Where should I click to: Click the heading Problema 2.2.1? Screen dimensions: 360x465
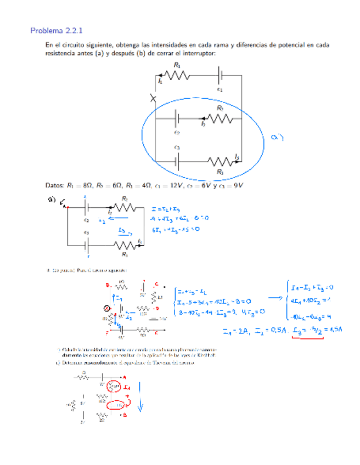pos(53,31)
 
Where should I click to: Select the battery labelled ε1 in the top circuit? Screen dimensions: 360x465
pos(221,76)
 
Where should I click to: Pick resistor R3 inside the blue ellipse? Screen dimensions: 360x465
pos(220,161)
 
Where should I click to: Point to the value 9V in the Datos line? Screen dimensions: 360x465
pos(237,185)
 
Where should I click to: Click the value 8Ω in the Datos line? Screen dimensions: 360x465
pos(85,185)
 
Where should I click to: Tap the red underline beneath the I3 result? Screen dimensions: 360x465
pos(307,337)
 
